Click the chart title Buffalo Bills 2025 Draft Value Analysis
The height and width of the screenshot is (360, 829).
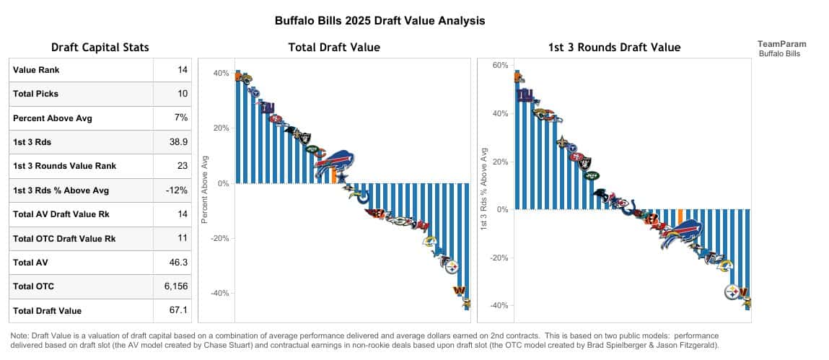click(x=380, y=21)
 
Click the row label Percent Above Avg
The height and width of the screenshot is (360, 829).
click(x=53, y=118)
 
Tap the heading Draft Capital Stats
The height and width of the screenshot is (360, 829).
click(x=100, y=48)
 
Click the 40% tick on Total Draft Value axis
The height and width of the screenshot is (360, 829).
click(x=221, y=74)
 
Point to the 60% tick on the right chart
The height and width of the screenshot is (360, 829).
click(x=501, y=66)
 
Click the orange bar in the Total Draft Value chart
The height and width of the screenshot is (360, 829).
click(x=333, y=175)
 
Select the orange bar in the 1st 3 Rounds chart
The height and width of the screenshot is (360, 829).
click(x=680, y=217)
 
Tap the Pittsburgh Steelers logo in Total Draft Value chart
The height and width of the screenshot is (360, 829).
click(x=452, y=267)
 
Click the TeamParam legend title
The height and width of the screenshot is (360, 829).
click(x=782, y=44)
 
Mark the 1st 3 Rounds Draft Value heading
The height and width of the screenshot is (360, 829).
click(x=614, y=48)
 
